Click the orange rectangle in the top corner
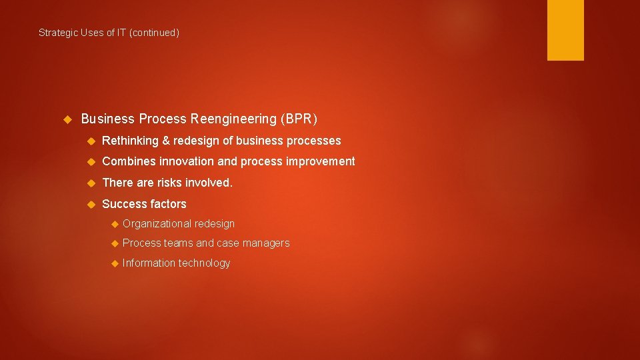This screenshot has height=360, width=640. [x=565, y=30]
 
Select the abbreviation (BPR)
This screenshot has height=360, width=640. [x=299, y=119]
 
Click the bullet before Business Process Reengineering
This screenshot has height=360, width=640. [x=67, y=119]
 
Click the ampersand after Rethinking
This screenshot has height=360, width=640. [x=166, y=141]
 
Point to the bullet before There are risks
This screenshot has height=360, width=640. [x=91, y=183]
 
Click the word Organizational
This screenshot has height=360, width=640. [x=157, y=224]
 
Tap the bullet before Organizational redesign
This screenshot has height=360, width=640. [x=114, y=224]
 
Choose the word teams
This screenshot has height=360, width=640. [x=179, y=243]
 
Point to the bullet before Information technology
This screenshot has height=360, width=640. [x=114, y=263]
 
